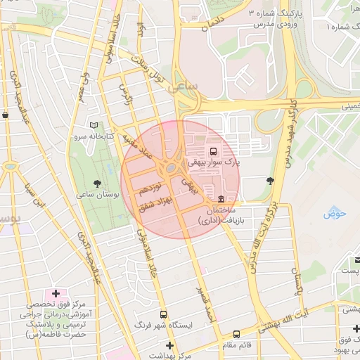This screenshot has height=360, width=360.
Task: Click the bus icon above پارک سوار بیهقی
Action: (213, 151)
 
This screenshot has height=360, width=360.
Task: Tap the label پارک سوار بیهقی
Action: (213, 162)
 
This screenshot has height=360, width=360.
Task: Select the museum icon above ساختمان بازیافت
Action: (222, 199)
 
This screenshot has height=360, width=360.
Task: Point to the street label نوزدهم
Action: (150, 188)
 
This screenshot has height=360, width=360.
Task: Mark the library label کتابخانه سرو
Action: (96, 136)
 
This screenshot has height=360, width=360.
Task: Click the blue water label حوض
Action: (334, 214)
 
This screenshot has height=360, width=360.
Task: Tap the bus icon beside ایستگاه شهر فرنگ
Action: (163, 315)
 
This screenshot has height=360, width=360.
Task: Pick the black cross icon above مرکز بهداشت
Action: (169, 345)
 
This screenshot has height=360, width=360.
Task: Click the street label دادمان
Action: (215, 25)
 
